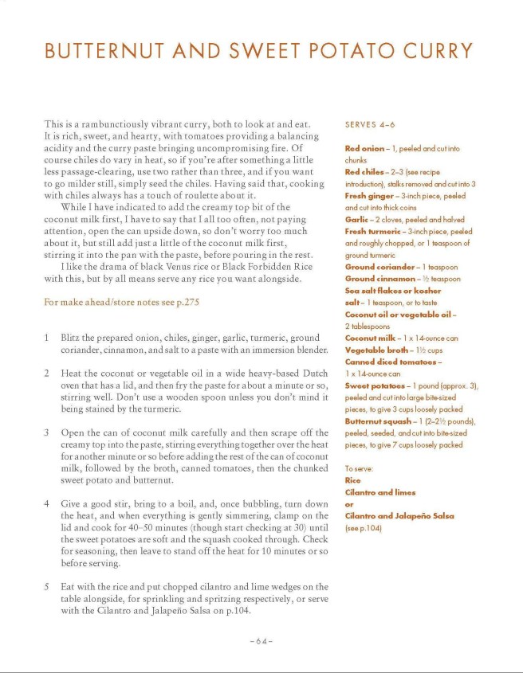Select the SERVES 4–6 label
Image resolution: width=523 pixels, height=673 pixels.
pos(369,124)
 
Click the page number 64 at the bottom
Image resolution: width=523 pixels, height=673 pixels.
pos(261,641)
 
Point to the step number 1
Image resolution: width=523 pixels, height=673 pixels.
pos(48,338)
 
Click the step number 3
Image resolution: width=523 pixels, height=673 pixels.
pos(48,432)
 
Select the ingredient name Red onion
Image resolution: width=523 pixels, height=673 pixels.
pos(363,148)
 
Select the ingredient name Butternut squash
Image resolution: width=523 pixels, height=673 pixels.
pos(377,421)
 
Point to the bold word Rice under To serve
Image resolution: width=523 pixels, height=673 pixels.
pos(352,480)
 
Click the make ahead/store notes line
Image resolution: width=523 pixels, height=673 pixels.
pos(121,303)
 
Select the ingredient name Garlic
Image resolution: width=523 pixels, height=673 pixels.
pos(356,219)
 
